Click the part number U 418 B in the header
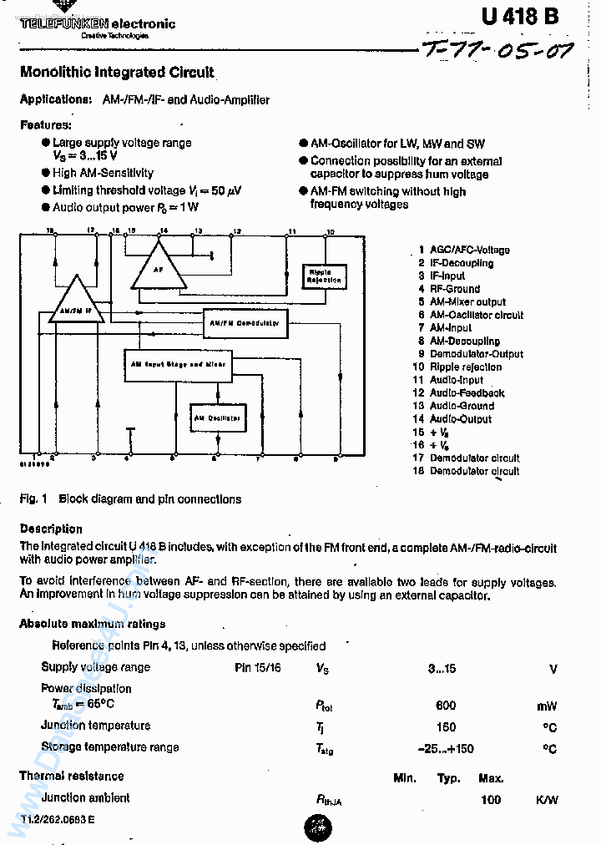point(519,17)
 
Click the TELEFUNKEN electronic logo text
point(98,24)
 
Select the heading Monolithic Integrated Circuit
point(117,73)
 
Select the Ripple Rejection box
point(324,276)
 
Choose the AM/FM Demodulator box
point(245,322)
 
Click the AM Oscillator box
point(218,417)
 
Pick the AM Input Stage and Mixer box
point(178,365)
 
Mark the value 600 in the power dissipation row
point(446,706)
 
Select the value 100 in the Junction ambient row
point(491,800)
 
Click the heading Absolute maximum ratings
point(93,624)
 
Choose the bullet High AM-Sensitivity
point(103,173)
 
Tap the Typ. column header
point(449,778)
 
